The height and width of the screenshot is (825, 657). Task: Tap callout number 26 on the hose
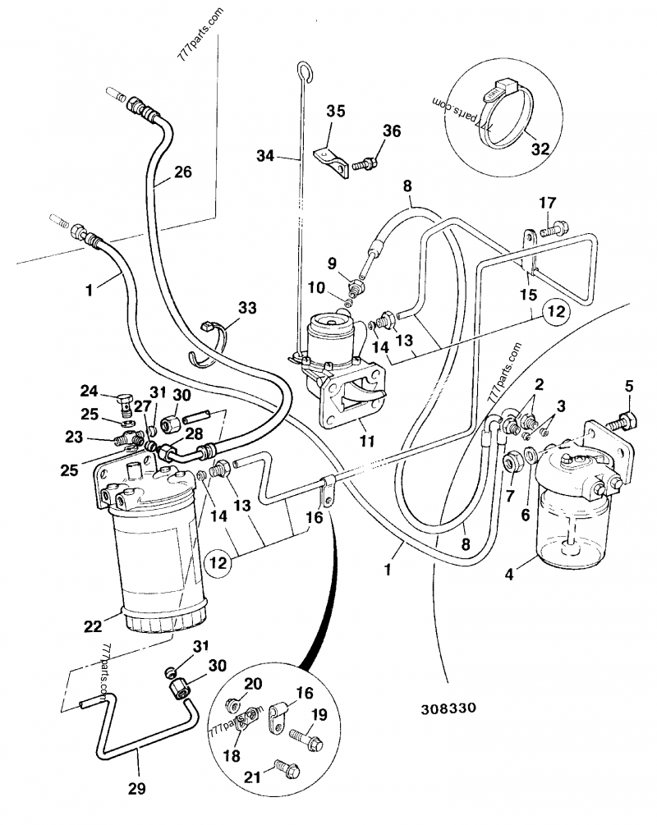click(x=181, y=172)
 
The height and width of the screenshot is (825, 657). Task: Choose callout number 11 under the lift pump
click(x=366, y=441)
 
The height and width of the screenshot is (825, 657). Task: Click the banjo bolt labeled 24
click(x=126, y=404)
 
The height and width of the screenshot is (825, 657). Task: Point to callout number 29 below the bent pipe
click(x=136, y=788)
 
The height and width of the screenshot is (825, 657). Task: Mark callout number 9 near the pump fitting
click(x=332, y=264)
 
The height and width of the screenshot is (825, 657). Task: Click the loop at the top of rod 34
click(x=305, y=73)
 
